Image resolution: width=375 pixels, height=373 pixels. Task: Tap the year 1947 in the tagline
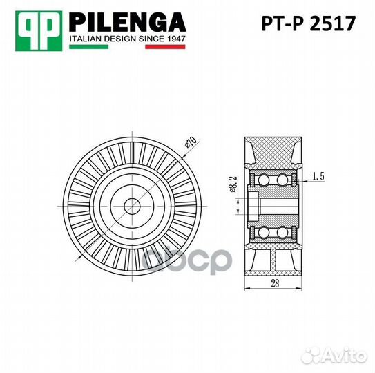pos(175,39)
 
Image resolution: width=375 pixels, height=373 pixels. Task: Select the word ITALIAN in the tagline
pos(85,39)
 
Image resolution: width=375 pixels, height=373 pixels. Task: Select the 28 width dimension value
pos(274,283)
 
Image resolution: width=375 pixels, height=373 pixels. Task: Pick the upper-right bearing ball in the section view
pos(282,180)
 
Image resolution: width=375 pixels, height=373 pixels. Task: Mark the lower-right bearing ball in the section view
pos(282,231)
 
